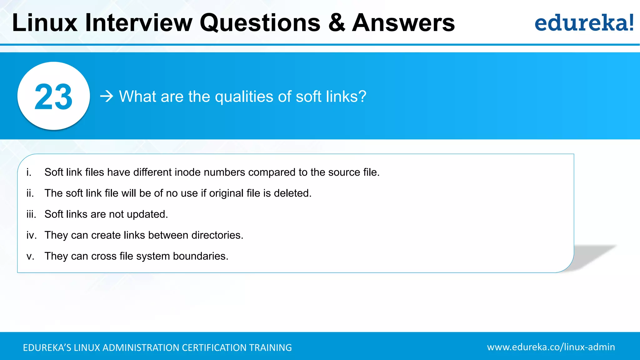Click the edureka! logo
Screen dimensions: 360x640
pos(584,23)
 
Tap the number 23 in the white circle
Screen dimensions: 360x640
pos(53,97)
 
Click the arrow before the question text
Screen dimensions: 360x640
pos(107,96)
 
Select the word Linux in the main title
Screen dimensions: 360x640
pos(45,23)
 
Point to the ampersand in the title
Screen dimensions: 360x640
pos(337,23)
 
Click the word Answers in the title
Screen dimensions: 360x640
pos(403,23)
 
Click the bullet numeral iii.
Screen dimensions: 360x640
pos(31,214)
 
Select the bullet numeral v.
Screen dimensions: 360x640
pos(30,256)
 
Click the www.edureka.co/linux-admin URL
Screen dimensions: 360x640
pos(551,347)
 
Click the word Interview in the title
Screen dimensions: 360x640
pos(139,23)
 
